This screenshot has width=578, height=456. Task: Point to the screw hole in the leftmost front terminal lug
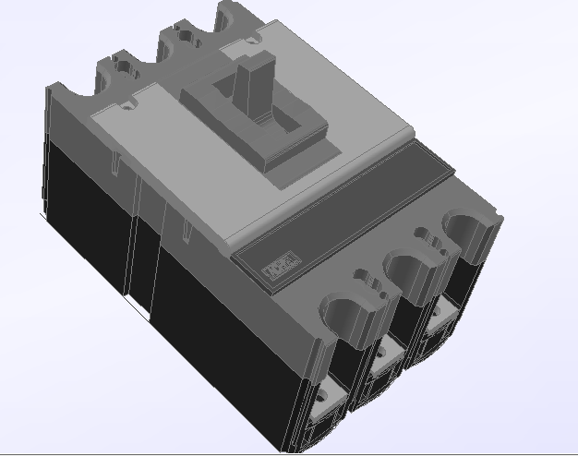(x=322, y=402)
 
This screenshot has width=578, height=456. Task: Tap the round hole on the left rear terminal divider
(x=123, y=67)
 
